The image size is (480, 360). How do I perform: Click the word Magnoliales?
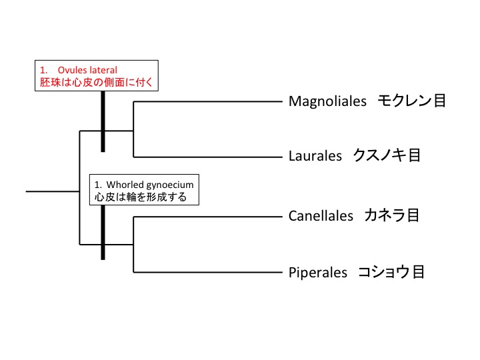328,101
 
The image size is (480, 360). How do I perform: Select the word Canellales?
321,216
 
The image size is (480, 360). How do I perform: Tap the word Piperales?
318,272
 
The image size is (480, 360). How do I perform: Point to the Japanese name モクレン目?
412,101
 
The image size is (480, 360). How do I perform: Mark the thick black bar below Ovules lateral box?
103,123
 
